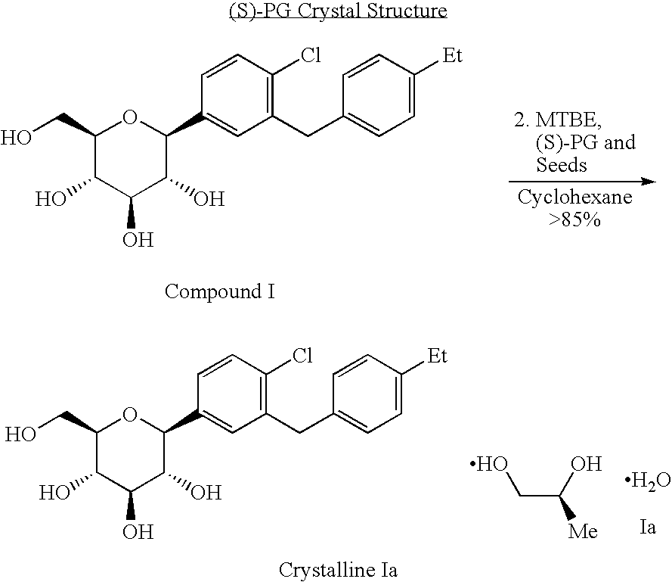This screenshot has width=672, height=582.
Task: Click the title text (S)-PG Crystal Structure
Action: pos(338,11)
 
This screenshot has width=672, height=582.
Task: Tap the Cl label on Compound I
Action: pos(311,55)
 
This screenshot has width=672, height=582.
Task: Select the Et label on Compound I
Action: pos(453,55)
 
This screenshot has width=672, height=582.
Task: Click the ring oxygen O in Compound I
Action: pos(130,117)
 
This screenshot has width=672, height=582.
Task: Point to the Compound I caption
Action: pos(219,291)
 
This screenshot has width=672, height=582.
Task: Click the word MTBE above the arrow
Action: pos(568,120)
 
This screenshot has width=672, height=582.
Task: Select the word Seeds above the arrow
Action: pos(562,165)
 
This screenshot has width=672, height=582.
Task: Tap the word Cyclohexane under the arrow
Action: pos(574,197)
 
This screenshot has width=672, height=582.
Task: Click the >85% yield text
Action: pos(574,219)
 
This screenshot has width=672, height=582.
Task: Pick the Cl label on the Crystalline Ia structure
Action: pos(302,356)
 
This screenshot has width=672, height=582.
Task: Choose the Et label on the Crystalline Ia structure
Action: pos(437,356)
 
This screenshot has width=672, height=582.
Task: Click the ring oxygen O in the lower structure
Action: pos(130,414)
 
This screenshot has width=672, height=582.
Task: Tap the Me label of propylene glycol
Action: pos(583,531)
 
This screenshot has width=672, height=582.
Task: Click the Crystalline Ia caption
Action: pos(338,570)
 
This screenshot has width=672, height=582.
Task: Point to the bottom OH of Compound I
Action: pos(138,240)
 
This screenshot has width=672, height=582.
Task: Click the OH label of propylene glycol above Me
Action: pos(587,464)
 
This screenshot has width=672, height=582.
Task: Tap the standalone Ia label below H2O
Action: pos(648,527)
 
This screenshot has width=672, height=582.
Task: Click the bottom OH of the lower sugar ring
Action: pos(138,532)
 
